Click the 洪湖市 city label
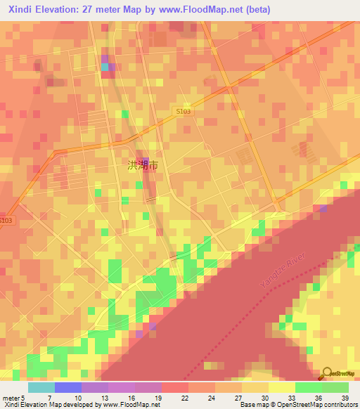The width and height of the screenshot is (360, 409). point(143,166)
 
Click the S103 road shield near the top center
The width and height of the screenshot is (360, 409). point(183,111)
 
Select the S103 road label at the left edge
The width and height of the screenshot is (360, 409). point(6,220)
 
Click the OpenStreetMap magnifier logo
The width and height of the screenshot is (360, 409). point(328,373)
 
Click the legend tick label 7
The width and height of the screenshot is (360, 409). point(49,397)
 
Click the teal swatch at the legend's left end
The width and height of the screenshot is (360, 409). point(41,387)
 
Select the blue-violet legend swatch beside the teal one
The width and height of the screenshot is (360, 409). point(67,387)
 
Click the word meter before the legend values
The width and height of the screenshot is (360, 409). point(10,397)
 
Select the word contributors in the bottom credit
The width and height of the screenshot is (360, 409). point(336,405)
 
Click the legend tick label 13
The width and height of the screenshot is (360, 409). point(107,397)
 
